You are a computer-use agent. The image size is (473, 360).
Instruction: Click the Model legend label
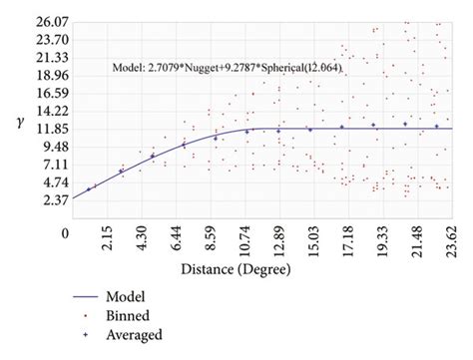coord(126,296)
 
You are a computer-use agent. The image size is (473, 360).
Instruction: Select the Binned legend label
coord(129,315)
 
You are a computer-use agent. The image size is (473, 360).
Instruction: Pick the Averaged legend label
coord(135,335)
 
